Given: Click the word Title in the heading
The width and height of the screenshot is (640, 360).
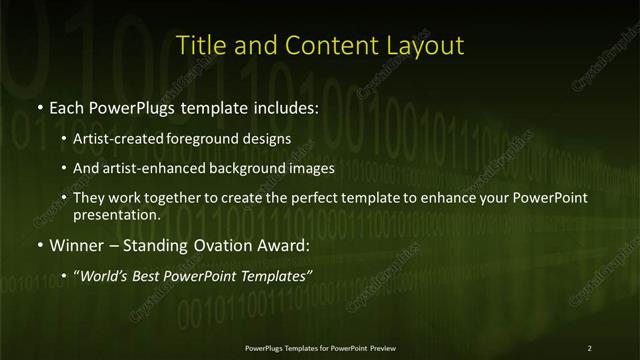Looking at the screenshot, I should pos(198,45).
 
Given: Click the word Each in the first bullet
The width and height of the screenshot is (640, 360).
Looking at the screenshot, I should pos(67,108).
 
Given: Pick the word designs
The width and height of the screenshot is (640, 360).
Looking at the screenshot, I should pos(269,139).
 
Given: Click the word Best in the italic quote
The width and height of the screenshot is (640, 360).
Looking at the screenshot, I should pos(172,273).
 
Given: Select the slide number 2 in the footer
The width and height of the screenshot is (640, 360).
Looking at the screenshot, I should pos(589,348).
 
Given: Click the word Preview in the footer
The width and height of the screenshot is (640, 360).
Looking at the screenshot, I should pos(380,348).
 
